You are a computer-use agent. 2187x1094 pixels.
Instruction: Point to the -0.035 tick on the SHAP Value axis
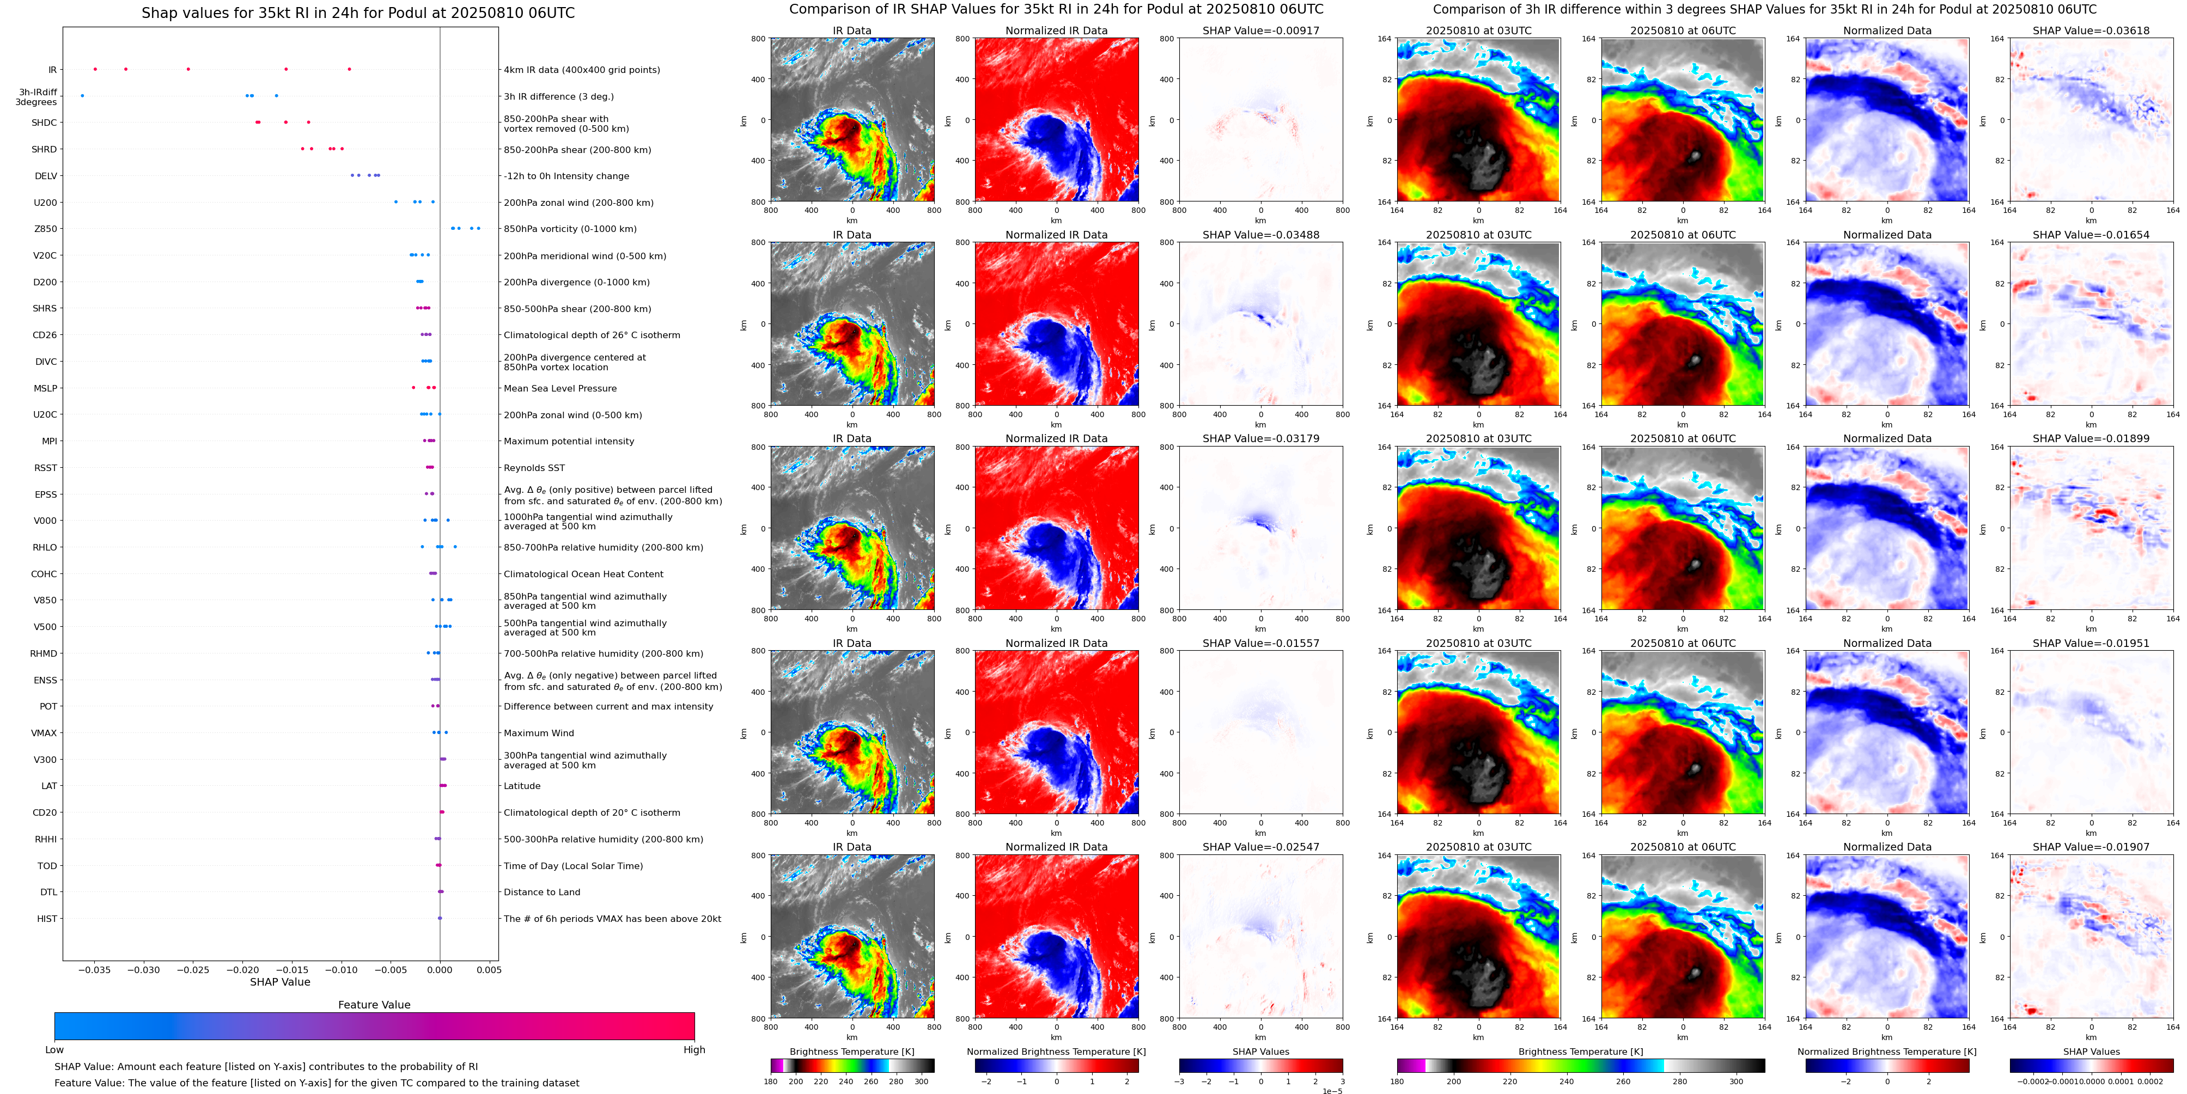coord(94,969)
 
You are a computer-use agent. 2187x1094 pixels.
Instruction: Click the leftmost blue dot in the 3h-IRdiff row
coord(82,96)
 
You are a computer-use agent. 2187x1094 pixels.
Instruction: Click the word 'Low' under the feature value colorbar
coord(54,1050)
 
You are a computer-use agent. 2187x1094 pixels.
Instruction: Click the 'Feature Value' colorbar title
coord(374,1005)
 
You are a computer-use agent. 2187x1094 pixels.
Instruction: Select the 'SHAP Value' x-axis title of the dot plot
coord(280,982)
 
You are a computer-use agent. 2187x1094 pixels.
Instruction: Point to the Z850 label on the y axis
coord(45,229)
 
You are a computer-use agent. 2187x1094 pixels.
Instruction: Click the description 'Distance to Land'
coord(541,892)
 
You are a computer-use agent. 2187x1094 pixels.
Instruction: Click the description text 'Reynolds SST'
coord(534,468)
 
